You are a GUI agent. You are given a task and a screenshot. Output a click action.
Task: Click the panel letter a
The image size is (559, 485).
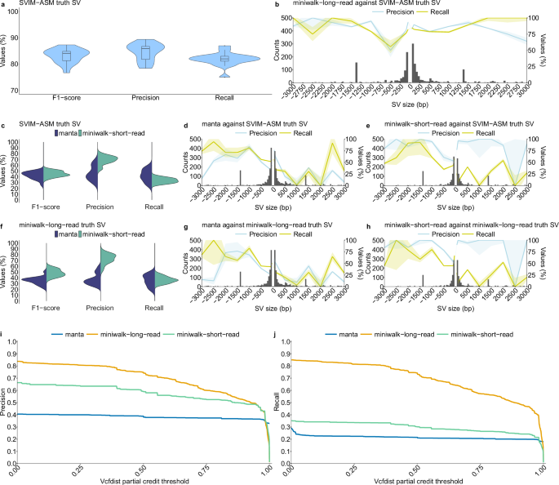click(x=5, y=6)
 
